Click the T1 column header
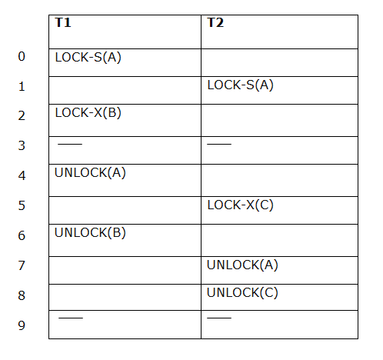[63, 22]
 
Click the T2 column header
[215, 22]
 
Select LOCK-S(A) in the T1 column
[88, 57]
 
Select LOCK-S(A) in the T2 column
[240, 85]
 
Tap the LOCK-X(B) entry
[88, 112]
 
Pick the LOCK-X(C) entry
[240, 205]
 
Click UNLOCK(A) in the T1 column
[90, 172]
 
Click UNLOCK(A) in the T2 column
[242, 265]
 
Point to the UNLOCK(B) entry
[90, 232]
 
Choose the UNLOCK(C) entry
[242, 292]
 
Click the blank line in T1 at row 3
[70, 144]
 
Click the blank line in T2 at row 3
[219, 144]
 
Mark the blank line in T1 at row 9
[71, 318]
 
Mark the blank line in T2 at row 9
[219, 318]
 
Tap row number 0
[22, 56]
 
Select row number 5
[22, 205]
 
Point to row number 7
[22, 265]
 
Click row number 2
[22, 115]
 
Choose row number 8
[22, 295]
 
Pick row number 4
[22, 175]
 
